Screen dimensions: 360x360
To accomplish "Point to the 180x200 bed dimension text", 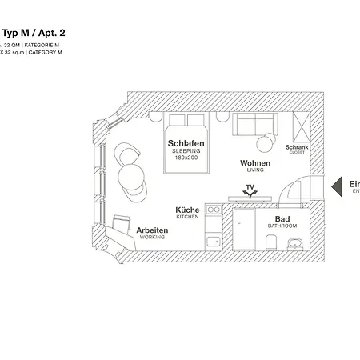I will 186,158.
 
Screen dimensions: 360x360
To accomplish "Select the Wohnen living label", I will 255,163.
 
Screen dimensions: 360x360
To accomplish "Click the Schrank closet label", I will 297,149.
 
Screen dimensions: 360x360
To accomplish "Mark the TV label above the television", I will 250,187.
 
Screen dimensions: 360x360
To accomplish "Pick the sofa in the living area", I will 257,124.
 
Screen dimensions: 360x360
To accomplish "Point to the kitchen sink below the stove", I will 214,241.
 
